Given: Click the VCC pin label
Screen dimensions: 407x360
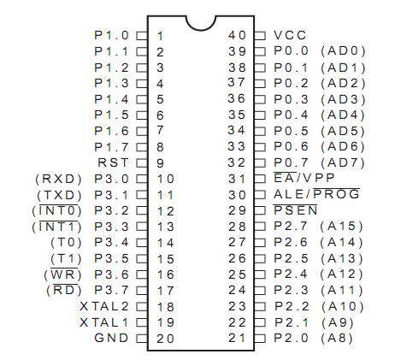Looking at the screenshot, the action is [x=290, y=35].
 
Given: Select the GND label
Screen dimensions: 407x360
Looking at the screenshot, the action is [x=111, y=338].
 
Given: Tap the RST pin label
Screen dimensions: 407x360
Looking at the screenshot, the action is [x=113, y=162].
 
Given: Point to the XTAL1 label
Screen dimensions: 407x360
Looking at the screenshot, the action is [x=104, y=322].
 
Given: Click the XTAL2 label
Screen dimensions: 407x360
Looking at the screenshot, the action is [x=104, y=307].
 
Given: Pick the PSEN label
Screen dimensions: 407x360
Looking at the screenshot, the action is [x=295, y=210].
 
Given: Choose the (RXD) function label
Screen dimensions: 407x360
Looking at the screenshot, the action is [x=58, y=179].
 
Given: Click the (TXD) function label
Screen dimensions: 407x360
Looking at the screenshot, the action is [x=59, y=195].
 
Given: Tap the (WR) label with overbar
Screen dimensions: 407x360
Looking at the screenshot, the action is [x=62, y=274].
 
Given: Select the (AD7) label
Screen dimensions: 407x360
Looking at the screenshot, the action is [x=343, y=162].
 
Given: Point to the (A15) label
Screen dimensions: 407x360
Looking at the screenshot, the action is [x=341, y=227].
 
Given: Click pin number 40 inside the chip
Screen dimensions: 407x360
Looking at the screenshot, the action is [x=237, y=35].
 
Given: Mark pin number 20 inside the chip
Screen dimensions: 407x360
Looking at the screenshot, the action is [x=165, y=339].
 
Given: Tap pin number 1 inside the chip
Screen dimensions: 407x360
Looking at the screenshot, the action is [x=161, y=36].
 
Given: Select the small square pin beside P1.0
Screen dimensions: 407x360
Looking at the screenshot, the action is [x=141, y=36].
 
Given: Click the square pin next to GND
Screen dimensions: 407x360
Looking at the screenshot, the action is [x=141, y=339].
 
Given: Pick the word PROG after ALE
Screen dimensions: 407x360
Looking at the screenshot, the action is [x=336, y=194].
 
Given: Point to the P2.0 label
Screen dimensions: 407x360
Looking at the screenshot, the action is [x=291, y=338].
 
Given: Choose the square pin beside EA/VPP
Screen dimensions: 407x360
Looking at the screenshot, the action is [x=260, y=179].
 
